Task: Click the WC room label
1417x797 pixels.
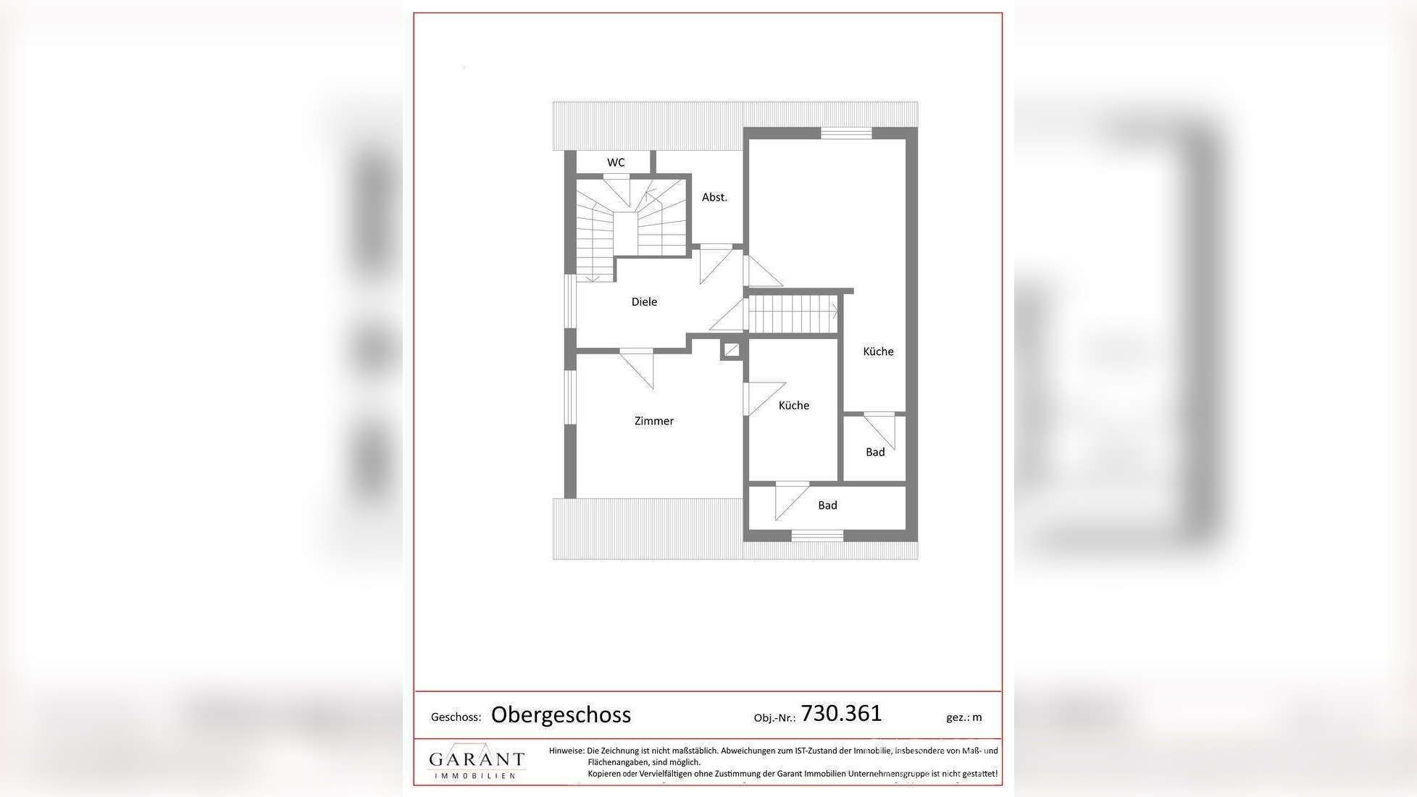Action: (616, 162)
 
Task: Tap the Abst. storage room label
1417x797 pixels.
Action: (714, 197)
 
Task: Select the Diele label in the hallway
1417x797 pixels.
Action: (644, 302)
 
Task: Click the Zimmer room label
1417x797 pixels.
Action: (654, 421)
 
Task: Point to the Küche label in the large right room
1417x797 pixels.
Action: (878, 351)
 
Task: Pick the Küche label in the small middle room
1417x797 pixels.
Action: (794, 406)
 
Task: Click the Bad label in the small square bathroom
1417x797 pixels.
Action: (875, 452)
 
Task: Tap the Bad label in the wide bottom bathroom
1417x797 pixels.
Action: (827, 506)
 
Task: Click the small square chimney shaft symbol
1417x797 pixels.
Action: (732, 351)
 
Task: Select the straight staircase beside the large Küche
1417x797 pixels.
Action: (793, 312)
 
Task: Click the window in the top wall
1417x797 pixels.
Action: (845, 133)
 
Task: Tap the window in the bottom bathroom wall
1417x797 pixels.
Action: (817, 536)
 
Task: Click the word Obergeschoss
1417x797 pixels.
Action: (561, 715)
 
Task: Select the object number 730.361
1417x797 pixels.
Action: (841, 714)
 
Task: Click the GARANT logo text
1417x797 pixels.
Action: (476, 760)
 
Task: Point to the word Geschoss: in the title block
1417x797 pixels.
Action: (456, 717)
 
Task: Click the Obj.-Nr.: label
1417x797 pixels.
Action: (774, 718)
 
